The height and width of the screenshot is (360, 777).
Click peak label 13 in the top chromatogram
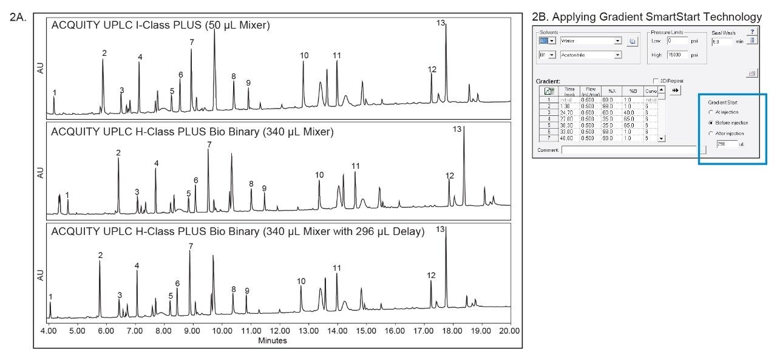tap(441, 23)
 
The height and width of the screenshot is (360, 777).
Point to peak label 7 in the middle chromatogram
tap(209, 144)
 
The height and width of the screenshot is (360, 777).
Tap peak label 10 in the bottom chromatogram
tap(301, 281)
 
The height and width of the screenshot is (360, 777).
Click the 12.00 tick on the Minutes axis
tap(280, 331)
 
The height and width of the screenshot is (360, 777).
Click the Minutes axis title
tap(272, 341)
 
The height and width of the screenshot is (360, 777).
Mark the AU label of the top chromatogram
tap(41, 68)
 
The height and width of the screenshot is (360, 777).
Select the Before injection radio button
tap(711, 123)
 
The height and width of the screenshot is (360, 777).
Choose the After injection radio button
tap(711, 133)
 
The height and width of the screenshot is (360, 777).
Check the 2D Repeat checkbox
tap(655, 81)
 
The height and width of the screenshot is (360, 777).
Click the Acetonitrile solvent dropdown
tap(591, 55)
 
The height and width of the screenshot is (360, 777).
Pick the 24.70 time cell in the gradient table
tap(569, 112)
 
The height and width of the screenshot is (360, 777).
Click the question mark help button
tap(753, 32)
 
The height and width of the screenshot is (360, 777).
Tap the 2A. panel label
tap(18, 18)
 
